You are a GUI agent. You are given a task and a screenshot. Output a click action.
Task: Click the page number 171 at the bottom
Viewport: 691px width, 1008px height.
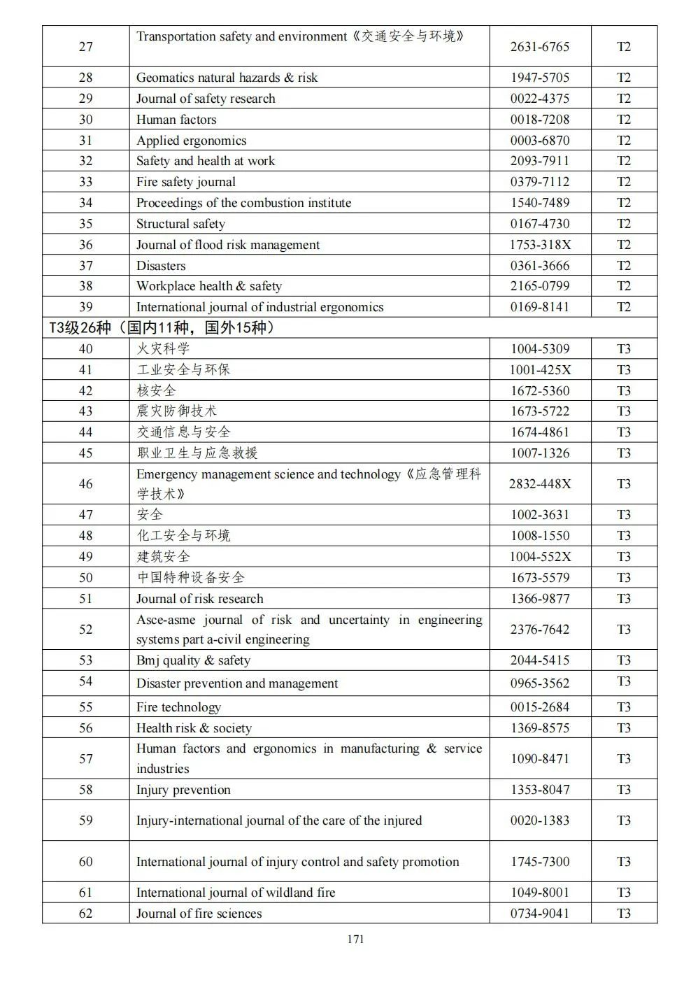pos(355,939)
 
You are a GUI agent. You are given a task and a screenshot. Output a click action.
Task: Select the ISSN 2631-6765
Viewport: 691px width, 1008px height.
pos(539,47)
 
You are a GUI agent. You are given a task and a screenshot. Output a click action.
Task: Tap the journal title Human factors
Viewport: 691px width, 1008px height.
pos(176,120)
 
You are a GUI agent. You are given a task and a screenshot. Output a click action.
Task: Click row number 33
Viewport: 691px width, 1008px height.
pos(85,182)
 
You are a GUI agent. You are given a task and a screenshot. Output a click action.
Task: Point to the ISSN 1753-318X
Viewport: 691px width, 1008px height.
pos(539,245)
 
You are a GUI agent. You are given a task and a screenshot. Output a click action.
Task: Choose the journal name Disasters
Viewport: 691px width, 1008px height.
pos(161,266)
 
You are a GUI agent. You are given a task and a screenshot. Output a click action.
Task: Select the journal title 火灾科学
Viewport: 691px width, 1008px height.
pos(163,348)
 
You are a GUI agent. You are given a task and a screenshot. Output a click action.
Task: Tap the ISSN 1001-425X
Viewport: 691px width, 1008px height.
pos(539,369)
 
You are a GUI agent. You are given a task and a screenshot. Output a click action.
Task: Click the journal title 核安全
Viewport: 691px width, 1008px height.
pos(156,390)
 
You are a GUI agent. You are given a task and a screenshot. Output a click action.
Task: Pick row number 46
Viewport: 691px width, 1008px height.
pos(85,484)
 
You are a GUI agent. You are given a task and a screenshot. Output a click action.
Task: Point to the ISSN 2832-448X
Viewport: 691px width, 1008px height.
pos(539,484)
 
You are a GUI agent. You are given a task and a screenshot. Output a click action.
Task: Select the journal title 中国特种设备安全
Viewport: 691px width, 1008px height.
pos(190,577)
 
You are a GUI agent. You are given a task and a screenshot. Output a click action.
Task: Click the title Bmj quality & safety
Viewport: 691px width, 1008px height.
pos(193,660)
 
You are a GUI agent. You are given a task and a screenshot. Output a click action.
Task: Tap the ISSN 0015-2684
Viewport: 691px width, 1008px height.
pos(539,707)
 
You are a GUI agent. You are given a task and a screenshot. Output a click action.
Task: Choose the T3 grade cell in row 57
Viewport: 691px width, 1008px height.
pos(623,759)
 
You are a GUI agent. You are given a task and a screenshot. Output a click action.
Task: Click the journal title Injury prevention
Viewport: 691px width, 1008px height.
pos(183,790)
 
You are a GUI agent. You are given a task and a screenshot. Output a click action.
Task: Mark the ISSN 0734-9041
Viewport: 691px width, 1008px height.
pos(539,913)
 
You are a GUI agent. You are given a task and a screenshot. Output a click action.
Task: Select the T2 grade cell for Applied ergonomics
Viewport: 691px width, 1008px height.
pos(623,141)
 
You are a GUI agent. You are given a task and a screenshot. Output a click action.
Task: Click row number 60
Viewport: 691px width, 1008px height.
pos(85,862)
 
